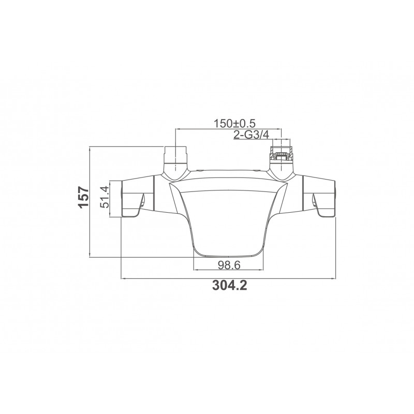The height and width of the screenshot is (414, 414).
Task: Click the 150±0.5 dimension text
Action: tap(234, 123)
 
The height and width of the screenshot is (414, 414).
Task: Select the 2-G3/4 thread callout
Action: tap(251, 135)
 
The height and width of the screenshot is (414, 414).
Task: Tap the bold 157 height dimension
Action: tap(84, 197)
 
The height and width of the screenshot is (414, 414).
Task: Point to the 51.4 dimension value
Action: tap(105, 197)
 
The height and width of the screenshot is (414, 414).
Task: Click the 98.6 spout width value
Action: tap(229, 265)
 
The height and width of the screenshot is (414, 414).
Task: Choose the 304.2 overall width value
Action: tap(230, 285)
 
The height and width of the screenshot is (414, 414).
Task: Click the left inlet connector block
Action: tap(175, 155)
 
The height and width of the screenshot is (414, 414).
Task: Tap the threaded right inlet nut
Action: tap(282, 153)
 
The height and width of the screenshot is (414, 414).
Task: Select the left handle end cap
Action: tap(122, 199)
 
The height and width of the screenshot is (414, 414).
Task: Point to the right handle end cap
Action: tap(334, 199)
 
